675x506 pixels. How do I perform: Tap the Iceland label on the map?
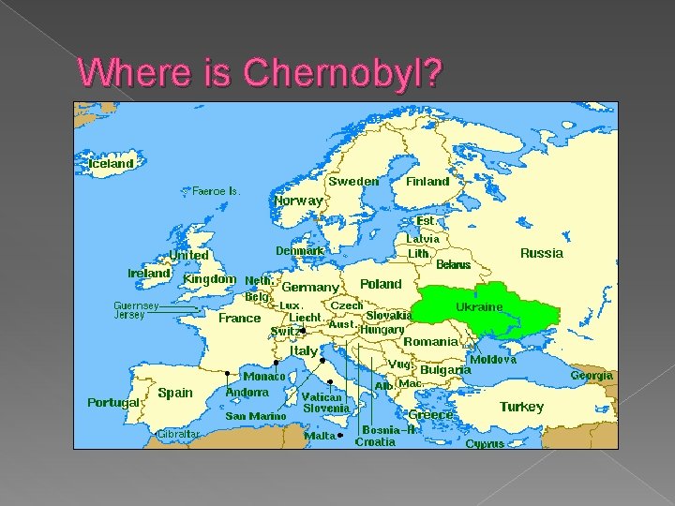[x=111, y=163]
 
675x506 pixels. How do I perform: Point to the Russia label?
[x=542, y=253]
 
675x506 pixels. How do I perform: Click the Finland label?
[x=427, y=181]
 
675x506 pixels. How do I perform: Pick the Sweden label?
[x=353, y=181]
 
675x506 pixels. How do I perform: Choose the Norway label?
[x=298, y=200]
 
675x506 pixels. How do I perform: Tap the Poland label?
[x=381, y=283]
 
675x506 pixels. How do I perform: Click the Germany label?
[x=310, y=287]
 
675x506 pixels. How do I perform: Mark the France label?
[x=239, y=318]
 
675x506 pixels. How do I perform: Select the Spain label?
[x=175, y=393]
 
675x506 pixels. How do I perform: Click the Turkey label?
[x=521, y=407]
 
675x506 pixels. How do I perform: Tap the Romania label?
[x=430, y=341]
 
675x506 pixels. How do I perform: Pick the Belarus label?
[x=454, y=265]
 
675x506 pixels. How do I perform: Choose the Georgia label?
[x=592, y=375]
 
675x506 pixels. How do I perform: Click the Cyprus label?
[x=485, y=443]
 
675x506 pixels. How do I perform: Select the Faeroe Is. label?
[x=217, y=190]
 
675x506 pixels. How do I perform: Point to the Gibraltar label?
[x=178, y=434]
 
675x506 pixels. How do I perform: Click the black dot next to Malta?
[x=340, y=436]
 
